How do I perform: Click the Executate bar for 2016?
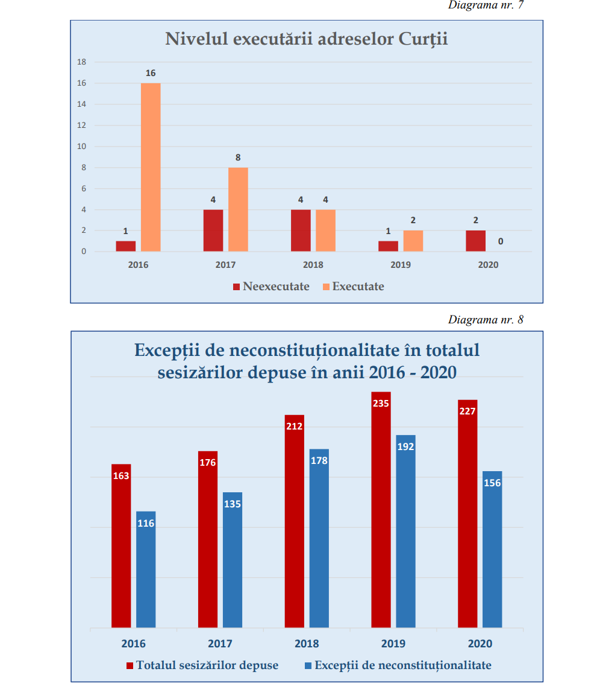[151, 167]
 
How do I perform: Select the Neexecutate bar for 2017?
[213, 230]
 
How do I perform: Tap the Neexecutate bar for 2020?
[475, 241]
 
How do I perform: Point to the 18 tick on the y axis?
[82, 62]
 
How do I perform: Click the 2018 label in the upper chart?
[313, 265]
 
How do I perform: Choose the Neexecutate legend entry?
[271, 287]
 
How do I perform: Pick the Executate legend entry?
[353, 287]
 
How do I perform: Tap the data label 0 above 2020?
[500, 242]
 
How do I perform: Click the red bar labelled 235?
[381, 513]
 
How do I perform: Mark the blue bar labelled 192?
[405, 531]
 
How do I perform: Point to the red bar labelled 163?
[121, 546]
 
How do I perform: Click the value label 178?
[319, 460]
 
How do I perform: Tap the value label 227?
[467, 411]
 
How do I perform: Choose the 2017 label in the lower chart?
[220, 644]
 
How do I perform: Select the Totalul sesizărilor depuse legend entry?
[202, 665]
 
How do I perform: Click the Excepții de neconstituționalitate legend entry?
[398, 665]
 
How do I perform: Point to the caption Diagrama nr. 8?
[486, 320]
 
